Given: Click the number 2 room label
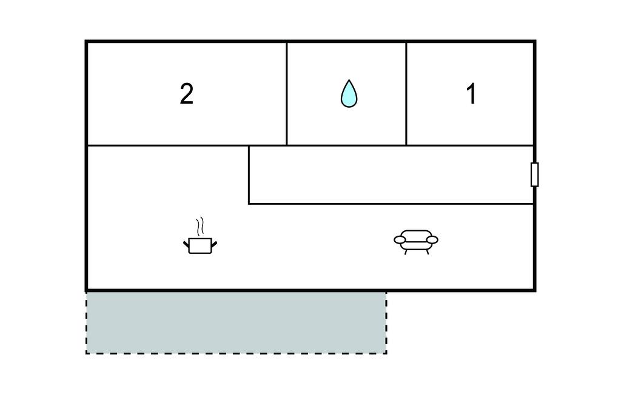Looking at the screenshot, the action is [x=187, y=94].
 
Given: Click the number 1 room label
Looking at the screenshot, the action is [x=471, y=94].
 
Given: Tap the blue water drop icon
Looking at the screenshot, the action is [x=349, y=93].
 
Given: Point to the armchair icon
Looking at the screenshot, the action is [x=416, y=242].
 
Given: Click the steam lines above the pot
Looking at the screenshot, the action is [x=200, y=227].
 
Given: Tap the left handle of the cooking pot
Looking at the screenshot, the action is [x=186, y=244].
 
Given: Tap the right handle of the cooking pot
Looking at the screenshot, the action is [x=214, y=244].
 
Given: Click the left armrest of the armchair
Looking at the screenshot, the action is [x=400, y=239].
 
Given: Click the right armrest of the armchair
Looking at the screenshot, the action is [x=432, y=239].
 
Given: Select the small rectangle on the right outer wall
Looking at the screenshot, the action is [x=534, y=174].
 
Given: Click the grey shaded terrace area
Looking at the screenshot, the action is [x=237, y=322].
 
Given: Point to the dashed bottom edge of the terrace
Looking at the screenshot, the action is [x=237, y=353].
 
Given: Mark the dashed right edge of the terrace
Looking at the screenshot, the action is [x=386, y=322].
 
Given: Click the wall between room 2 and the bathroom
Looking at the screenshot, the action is [x=286, y=93].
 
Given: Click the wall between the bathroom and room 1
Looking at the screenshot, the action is [x=406, y=93].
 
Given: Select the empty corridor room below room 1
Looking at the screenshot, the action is [x=391, y=174].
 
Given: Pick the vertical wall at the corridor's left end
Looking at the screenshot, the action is [x=249, y=174].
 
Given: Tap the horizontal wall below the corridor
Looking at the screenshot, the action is [x=391, y=204].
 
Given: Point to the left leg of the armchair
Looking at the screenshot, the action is [x=405, y=252].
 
